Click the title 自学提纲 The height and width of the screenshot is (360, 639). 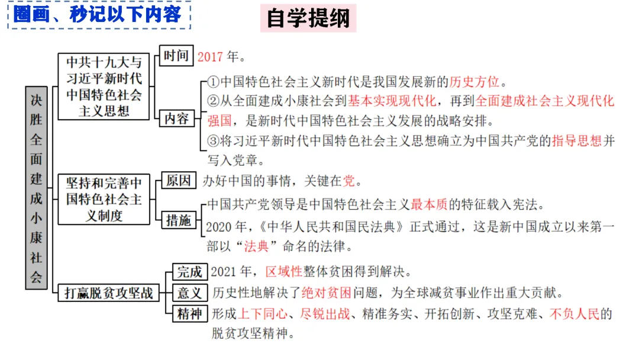[x=308, y=18]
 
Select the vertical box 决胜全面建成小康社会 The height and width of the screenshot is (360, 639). [x=36, y=187]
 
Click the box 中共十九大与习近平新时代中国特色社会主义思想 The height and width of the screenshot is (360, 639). [x=104, y=86]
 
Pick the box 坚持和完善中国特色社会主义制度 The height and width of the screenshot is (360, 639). [x=104, y=199]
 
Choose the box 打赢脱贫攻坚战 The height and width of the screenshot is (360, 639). [x=105, y=292]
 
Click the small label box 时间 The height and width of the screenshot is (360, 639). [x=176, y=56]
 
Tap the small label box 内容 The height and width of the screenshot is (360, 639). [x=176, y=119]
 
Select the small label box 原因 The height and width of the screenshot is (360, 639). [x=178, y=181]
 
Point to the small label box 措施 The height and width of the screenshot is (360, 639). [x=178, y=221]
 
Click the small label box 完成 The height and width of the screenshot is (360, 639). [x=190, y=272]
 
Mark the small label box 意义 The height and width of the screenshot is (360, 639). [x=190, y=292]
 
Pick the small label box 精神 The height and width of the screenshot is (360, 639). [x=190, y=314]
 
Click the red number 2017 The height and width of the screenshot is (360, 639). [x=210, y=57]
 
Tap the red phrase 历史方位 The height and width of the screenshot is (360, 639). [x=474, y=82]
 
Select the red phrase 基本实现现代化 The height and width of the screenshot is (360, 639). [x=392, y=101]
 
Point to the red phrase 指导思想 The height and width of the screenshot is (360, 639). [x=576, y=141]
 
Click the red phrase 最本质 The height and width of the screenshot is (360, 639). [x=430, y=205]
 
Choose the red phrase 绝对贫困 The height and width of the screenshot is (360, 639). [x=327, y=292]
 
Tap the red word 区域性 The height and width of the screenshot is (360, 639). [x=284, y=272]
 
